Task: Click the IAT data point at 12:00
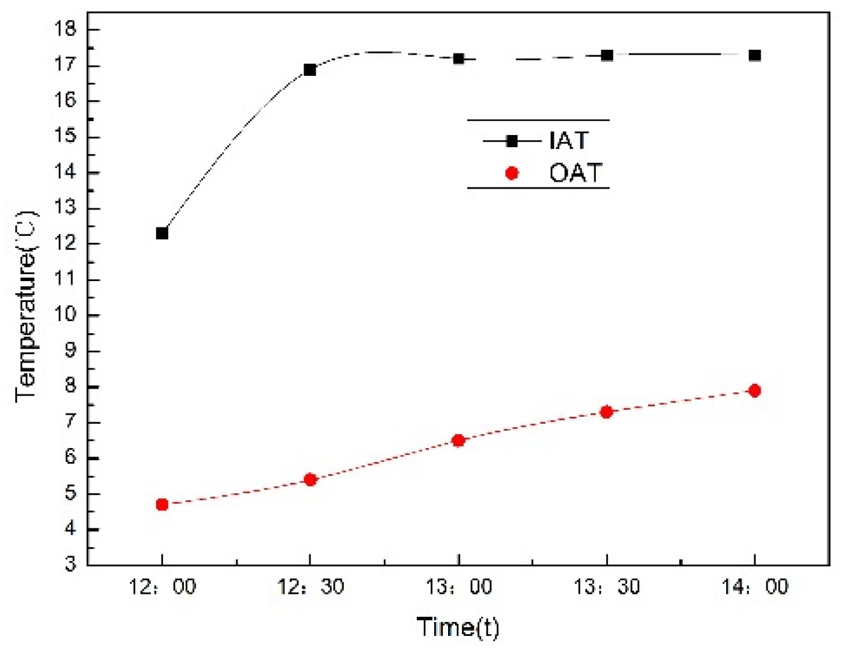coord(162,233)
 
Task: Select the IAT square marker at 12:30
coord(310,69)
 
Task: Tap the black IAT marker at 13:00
coord(458,59)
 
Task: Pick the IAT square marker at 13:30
coord(607,55)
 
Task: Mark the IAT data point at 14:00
coord(755,55)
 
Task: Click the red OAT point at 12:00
coord(162,505)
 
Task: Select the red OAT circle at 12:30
coord(310,480)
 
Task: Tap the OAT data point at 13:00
coord(458,440)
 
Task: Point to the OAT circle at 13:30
coord(607,412)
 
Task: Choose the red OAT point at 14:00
coord(755,391)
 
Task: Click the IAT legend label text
coord(569,141)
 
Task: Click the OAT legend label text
coord(575,173)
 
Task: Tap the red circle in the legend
coord(512,173)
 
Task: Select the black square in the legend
coord(512,141)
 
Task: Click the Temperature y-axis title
coord(27,306)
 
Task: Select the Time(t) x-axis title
coord(458,627)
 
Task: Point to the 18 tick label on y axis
coord(66,29)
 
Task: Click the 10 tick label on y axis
coord(66,315)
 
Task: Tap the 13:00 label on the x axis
coord(458,586)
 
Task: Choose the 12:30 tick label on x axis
coord(310,586)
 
